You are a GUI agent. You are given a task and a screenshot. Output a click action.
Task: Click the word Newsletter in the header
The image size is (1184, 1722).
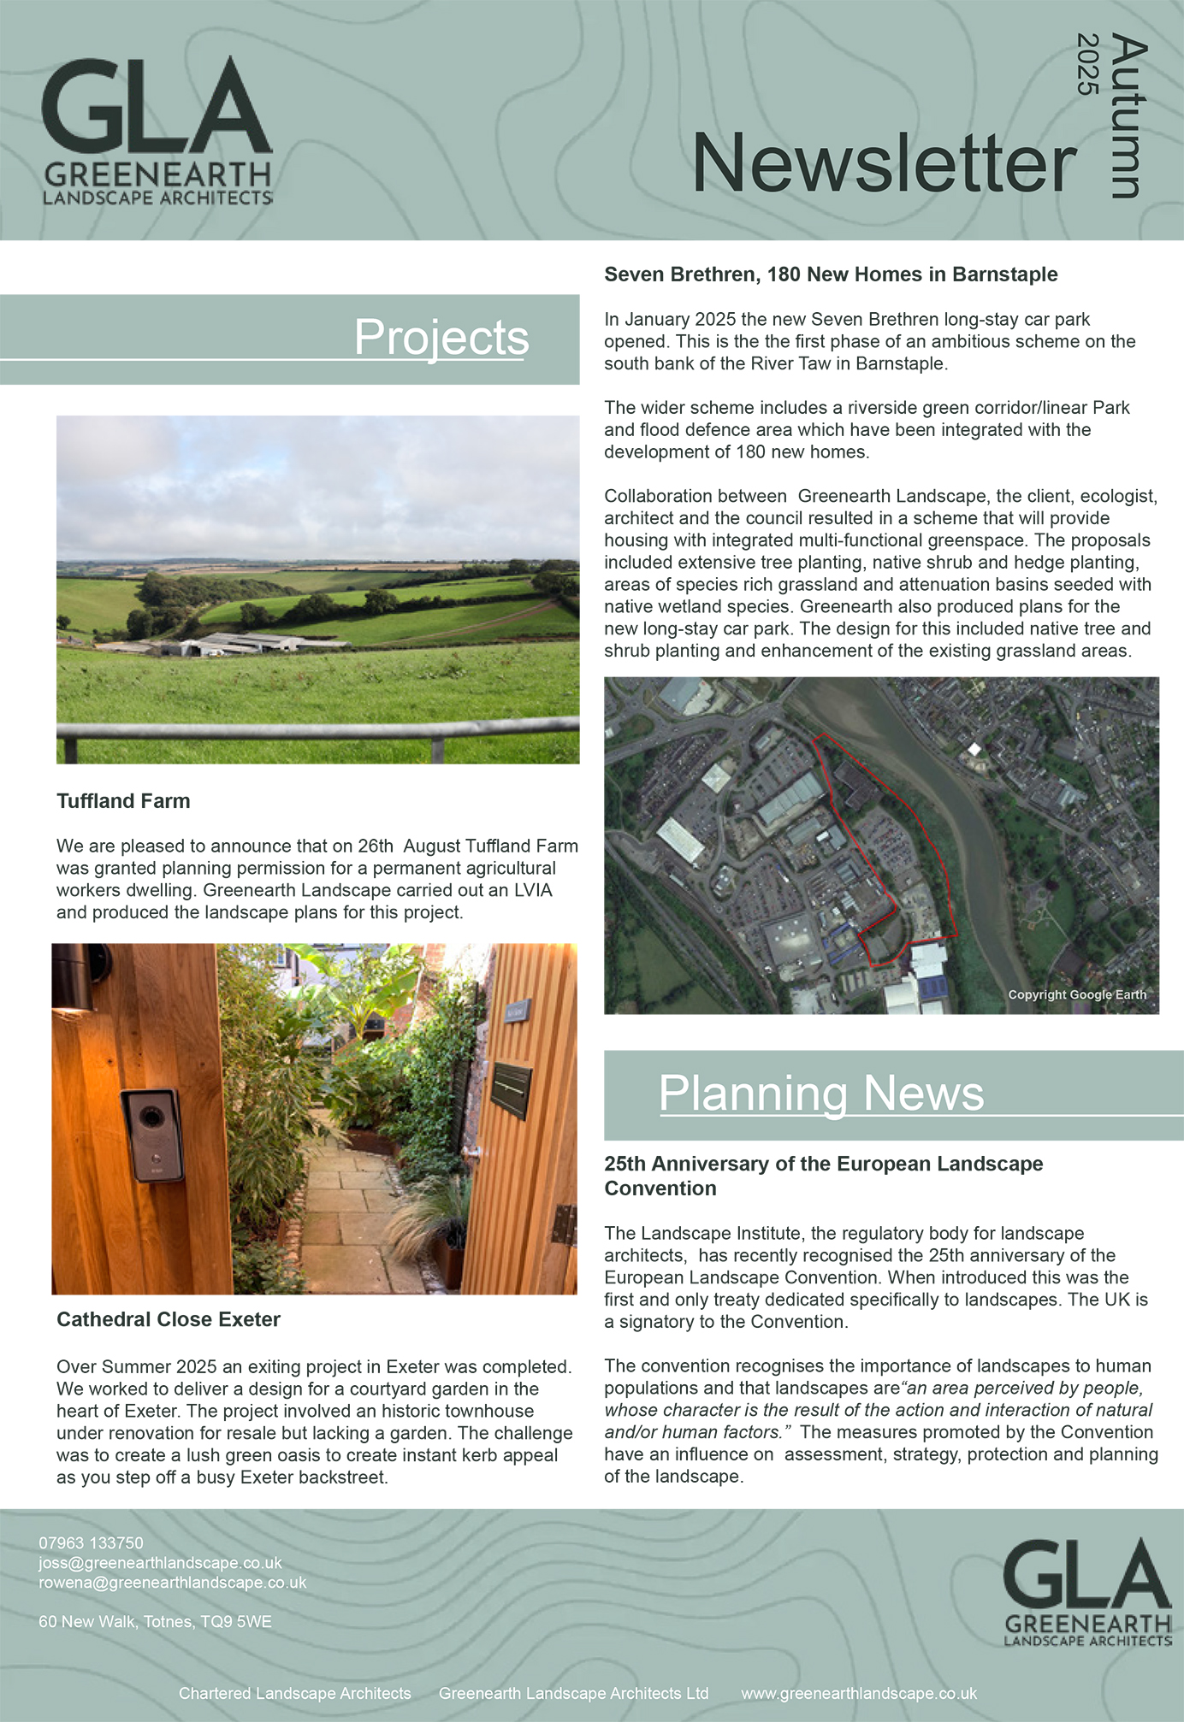click(884, 163)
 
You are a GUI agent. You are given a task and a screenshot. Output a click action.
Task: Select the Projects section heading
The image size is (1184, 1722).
click(441, 337)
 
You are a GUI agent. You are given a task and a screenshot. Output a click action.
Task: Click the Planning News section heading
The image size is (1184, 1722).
click(821, 1093)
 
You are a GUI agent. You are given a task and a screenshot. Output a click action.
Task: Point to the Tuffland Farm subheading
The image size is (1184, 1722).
click(123, 801)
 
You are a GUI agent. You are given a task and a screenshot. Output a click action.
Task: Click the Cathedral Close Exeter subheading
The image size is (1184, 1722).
click(169, 1319)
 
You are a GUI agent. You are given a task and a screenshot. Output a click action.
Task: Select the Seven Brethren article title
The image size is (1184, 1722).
click(831, 274)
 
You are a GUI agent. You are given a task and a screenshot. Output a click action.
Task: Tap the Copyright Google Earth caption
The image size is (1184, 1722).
click(1076, 994)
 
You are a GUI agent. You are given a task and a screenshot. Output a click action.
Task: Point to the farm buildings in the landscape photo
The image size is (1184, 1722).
click(231, 644)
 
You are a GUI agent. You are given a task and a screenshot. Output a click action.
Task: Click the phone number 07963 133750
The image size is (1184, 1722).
click(91, 1543)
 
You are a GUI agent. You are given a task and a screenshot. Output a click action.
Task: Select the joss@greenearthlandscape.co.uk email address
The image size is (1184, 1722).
click(160, 1563)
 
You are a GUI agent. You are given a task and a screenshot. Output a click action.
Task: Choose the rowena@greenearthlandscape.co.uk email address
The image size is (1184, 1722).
click(172, 1583)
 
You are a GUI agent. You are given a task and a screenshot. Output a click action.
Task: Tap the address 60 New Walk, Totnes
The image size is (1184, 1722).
click(155, 1622)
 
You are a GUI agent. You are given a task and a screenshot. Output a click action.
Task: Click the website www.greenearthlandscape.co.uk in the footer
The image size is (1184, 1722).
click(858, 1694)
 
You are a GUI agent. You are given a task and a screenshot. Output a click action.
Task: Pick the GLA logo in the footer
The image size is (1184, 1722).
click(1086, 1591)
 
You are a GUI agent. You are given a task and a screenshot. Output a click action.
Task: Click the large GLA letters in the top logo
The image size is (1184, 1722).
click(157, 106)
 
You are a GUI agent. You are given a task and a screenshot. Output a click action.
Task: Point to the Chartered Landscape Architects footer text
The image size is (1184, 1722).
click(294, 1694)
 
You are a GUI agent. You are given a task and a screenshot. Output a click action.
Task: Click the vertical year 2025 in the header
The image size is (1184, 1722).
click(1087, 64)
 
